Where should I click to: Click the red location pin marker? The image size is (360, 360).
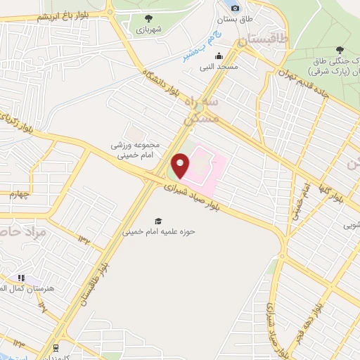(181, 166)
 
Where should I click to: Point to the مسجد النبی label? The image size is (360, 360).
(219, 67)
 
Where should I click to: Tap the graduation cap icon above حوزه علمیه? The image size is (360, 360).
(158, 220)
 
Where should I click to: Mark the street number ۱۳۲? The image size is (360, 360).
(86, 240)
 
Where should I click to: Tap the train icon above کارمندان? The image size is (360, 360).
(55, 347)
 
